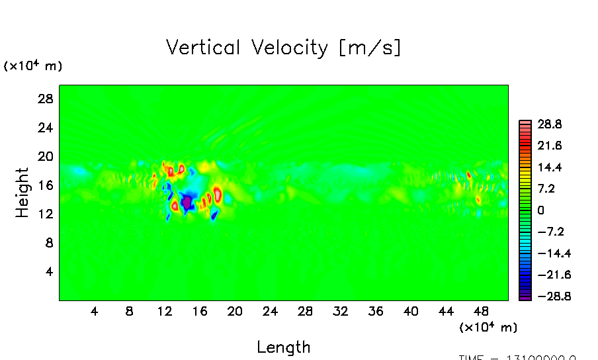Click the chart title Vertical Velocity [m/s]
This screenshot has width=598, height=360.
click(283, 48)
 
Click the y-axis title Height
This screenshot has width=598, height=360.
click(22, 193)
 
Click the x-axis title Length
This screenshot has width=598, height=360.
click(283, 347)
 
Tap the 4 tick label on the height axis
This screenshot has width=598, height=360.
click(47, 271)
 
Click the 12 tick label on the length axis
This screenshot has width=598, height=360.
click(164, 311)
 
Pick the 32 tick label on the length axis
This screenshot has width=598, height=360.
click(341, 311)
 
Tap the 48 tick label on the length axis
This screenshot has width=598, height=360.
click(482, 311)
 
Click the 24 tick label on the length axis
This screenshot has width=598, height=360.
click(270, 311)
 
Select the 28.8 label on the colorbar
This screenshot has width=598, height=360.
click(549, 124)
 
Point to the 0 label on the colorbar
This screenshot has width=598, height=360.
click(541, 210)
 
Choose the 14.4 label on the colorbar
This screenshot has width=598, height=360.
click(549, 167)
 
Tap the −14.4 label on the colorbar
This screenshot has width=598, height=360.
click(546, 253)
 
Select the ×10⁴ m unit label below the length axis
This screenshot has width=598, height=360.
click(488, 327)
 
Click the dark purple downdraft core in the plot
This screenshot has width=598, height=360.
click(187, 201)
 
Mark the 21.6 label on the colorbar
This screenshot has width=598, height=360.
click(549, 145)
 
